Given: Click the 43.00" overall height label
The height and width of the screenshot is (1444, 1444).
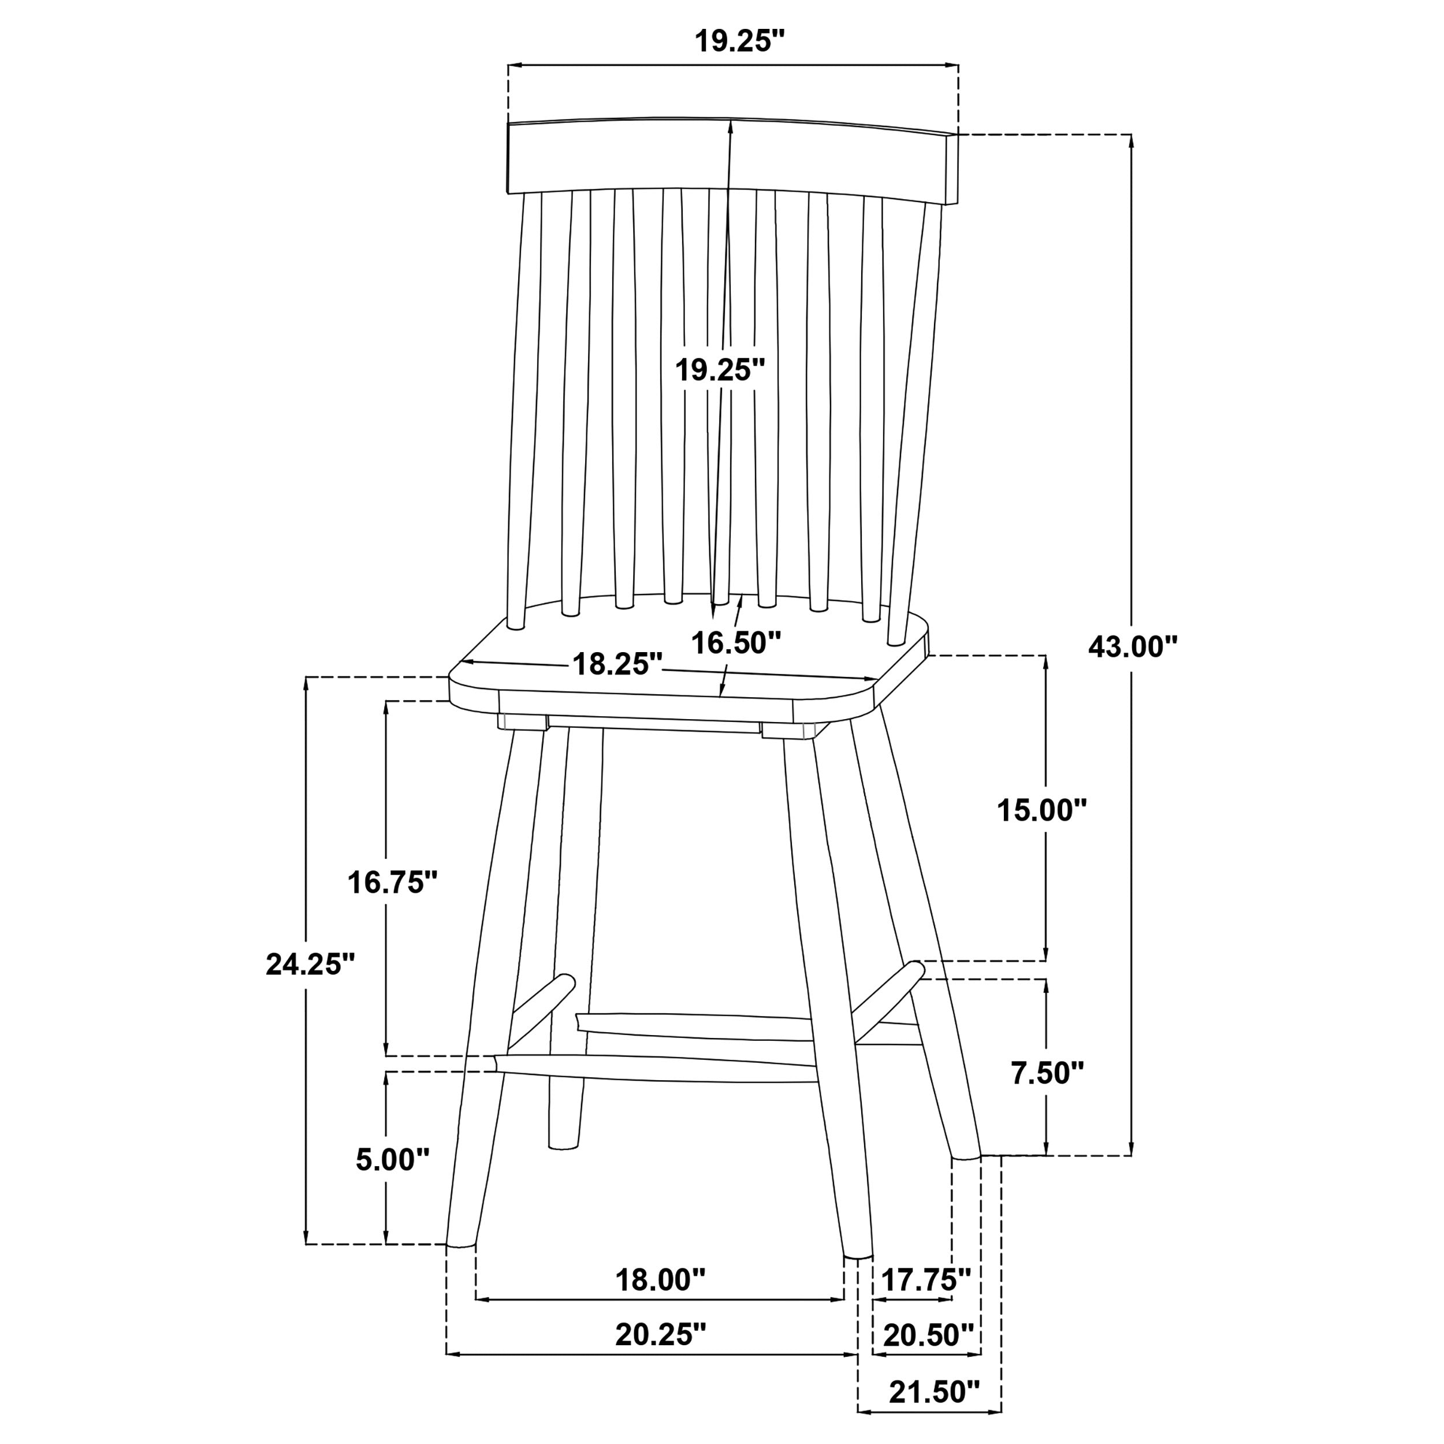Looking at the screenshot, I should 1132,646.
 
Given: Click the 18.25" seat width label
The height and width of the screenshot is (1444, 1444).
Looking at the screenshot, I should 617,664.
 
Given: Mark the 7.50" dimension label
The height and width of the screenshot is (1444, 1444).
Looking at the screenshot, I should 1047,1073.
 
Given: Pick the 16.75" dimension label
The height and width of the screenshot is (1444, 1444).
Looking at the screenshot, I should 392,883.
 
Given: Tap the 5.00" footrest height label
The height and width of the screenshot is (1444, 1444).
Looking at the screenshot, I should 392,1160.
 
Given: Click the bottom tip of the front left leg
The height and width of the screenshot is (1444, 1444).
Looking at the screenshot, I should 460,1245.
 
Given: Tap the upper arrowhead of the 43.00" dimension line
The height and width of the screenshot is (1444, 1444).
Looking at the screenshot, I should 1131,142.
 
